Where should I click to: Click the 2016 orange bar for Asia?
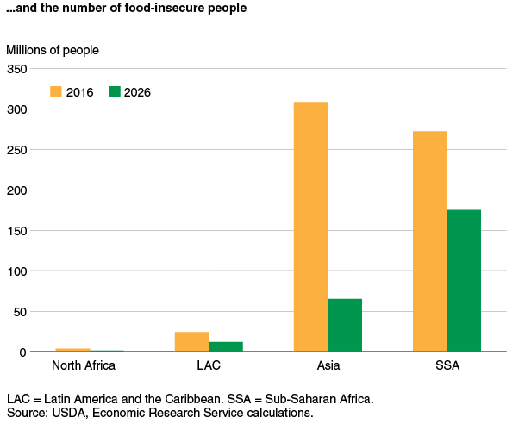310,227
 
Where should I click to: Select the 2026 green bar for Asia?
345,325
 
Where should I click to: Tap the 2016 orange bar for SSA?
429,241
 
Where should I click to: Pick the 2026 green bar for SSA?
464,281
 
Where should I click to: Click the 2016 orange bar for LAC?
191,341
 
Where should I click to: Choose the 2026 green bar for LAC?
226,346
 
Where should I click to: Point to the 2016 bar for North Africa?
72,350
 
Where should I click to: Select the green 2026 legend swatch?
115,92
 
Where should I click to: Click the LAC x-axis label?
209,365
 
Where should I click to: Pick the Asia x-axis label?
328,365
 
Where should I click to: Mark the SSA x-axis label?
447,365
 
